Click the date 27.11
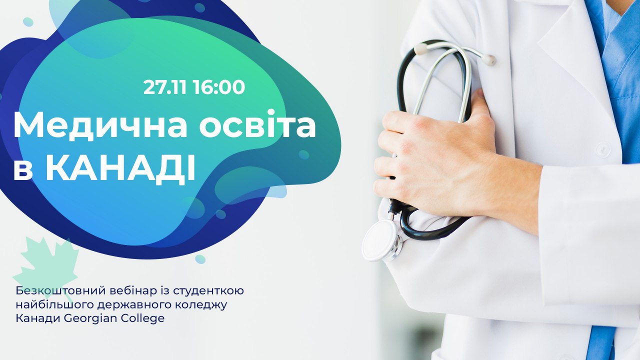point(165,87)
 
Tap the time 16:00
point(219,87)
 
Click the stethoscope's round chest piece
point(380,240)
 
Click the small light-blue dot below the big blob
point(200,259)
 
